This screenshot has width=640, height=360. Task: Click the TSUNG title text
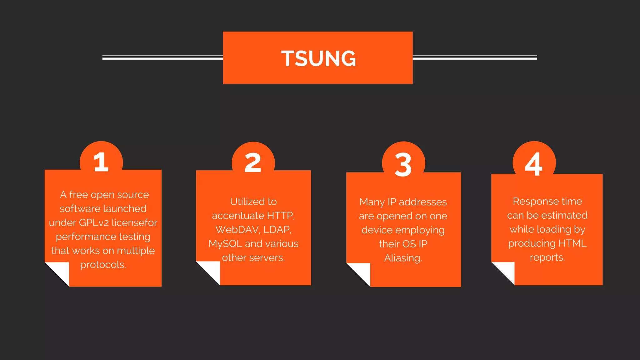(318, 58)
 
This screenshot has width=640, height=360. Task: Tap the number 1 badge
(101, 162)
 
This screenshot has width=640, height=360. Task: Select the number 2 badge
(253, 163)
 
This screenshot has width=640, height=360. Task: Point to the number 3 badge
(403, 164)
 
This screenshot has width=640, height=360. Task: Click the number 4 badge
(534, 163)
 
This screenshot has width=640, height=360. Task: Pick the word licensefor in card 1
(134, 222)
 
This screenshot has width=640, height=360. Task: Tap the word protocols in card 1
(103, 265)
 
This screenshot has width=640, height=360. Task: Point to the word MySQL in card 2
(225, 244)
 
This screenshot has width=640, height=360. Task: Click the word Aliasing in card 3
(403, 258)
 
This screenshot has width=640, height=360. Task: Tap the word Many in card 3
(372, 202)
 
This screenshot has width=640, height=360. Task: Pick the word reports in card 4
(547, 257)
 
